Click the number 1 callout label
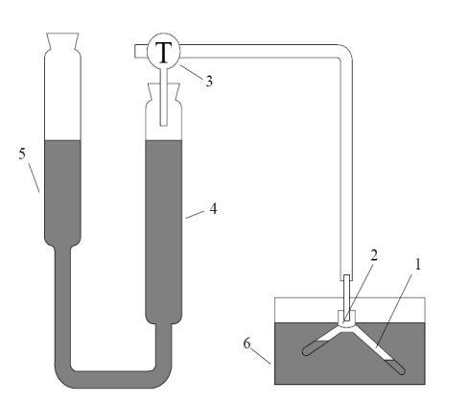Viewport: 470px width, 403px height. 417,265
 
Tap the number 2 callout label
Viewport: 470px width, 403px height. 374,255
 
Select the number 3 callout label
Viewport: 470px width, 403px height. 209,82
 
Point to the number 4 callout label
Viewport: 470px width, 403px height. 213,208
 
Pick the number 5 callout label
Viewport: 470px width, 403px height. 22,154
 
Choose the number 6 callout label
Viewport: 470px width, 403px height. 247,344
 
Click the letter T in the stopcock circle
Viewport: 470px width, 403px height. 163,53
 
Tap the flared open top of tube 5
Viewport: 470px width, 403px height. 62,41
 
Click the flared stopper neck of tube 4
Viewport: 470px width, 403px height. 164,93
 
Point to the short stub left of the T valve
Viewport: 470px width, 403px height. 141,51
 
